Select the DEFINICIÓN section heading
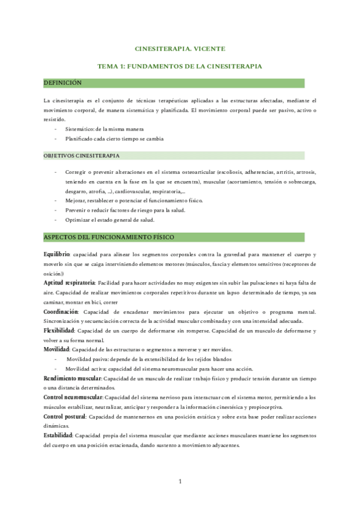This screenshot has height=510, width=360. (63, 82)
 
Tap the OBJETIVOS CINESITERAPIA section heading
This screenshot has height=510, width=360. (81, 156)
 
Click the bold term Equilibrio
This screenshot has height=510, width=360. (57, 255)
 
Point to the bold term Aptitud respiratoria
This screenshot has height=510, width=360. (69, 282)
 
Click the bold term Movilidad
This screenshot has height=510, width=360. (56, 350)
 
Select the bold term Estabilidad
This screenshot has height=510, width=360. (58, 435)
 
